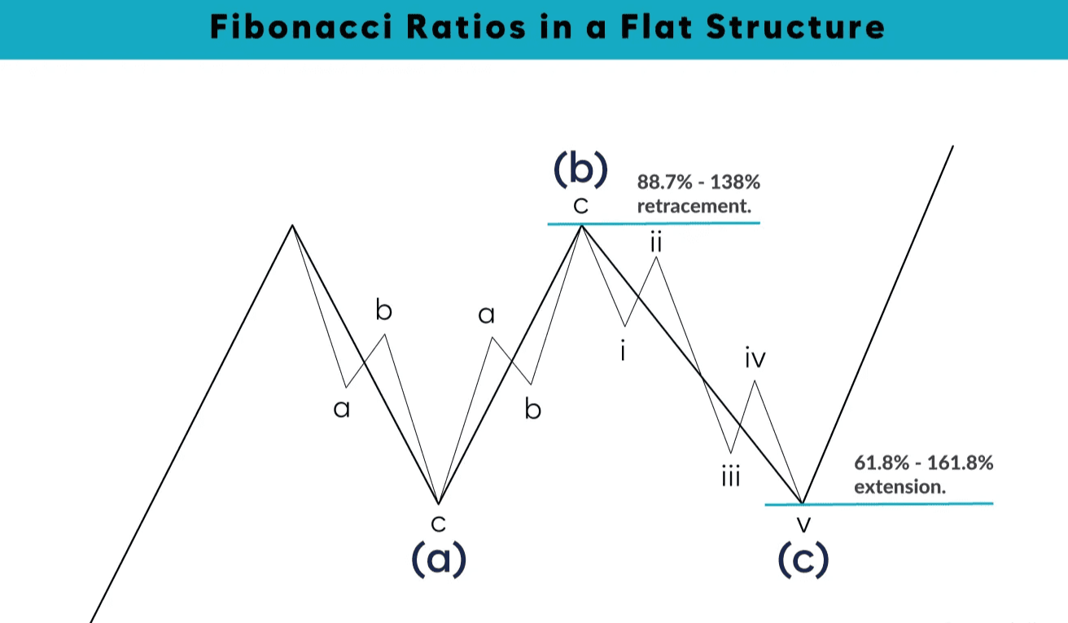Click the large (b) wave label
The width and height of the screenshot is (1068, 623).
coord(580,169)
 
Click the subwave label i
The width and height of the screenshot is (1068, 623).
coord(623,353)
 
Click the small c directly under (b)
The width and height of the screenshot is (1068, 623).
coord(580,207)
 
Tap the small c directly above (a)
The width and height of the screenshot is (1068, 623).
coord(438,522)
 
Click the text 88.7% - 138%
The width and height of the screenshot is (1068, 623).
coord(698,182)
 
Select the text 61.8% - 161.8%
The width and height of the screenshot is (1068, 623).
coord(924,464)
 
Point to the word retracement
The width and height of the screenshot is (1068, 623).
coord(694,206)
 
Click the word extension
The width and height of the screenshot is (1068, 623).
coord(899,488)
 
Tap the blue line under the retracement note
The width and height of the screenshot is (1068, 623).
coord(654,223)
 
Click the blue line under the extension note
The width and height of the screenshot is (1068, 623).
coord(879,504)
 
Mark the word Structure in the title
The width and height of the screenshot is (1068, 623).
coord(794,27)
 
